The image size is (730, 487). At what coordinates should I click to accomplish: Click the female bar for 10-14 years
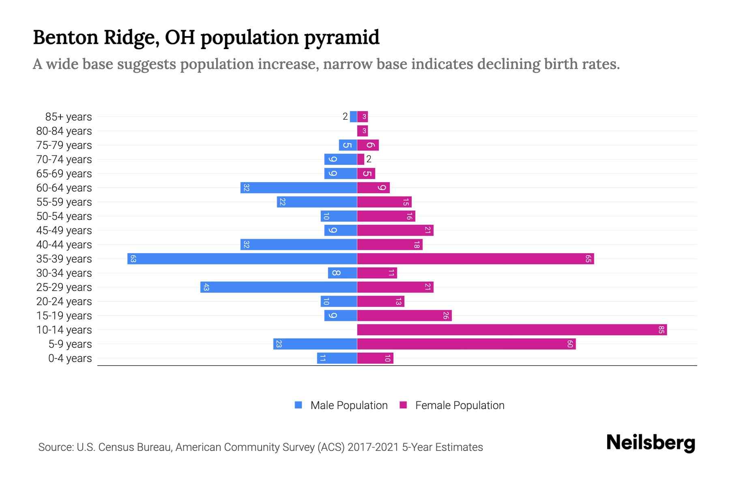[512, 330]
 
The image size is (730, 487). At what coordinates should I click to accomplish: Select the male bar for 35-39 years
[242, 259]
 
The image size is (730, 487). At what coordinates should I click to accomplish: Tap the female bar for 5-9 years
[466, 344]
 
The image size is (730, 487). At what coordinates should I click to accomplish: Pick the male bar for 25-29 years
[279, 287]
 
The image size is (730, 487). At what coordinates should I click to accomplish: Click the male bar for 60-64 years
[298, 187]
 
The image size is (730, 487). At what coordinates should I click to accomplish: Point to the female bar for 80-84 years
[362, 131]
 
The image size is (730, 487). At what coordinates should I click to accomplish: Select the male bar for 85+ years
[353, 116]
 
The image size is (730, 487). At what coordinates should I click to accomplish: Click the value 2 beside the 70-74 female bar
[369, 159]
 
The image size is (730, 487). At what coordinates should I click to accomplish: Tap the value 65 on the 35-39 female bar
[588, 259]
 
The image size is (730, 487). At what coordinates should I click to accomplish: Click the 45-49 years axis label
[64, 230]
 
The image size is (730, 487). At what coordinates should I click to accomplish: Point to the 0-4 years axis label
[70, 358]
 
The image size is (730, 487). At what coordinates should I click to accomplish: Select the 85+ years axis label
[68, 116]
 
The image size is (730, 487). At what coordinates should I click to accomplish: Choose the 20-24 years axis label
[64, 301]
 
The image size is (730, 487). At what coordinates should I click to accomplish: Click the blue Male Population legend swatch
[298, 405]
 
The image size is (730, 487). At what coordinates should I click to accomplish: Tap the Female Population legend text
[459, 405]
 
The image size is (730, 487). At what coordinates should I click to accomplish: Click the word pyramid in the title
[341, 37]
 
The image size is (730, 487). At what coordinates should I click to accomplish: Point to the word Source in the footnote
[56, 447]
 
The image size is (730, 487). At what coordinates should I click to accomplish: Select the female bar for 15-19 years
[404, 315]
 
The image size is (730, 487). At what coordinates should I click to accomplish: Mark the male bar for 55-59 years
[317, 202]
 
